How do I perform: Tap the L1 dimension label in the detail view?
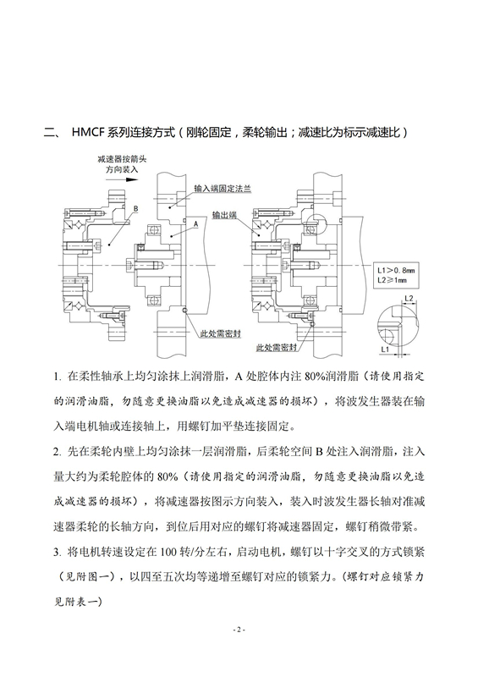[x=385, y=347]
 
